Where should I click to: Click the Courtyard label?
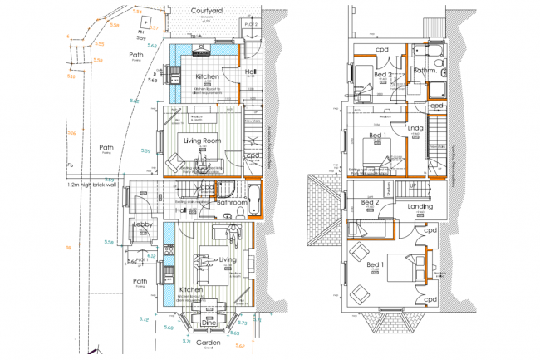pyautogui.click(x=209, y=11)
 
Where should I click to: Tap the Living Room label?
pyautogui.click(x=199, y=141)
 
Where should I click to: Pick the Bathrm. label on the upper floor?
pyautogui.click(x=425, y=72)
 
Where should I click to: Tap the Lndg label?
pyautogui.click(x=417, y=127)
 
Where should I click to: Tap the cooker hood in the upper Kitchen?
pyautogui.click(x=201, y=52)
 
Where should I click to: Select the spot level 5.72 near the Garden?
pyautogui.click(x=144, y=319)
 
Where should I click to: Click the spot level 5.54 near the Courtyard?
pyautogui.click(x=137, y=10)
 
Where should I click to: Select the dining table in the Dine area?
pyautogui.click(x=204, y=313)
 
